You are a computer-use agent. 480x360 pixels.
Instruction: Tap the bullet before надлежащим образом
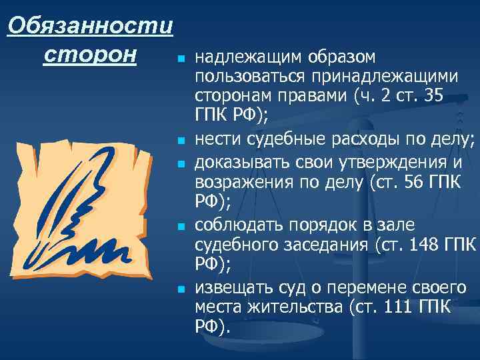[x=180, y=61]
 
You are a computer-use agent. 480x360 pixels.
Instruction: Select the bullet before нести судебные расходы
[x=180, y=141]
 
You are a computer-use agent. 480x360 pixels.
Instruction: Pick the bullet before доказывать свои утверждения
[x=180, y=162]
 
